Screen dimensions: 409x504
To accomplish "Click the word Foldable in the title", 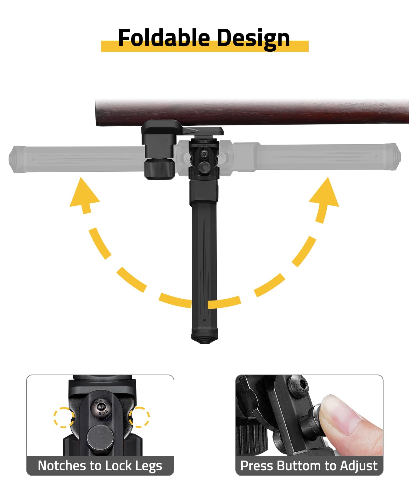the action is point(164,37).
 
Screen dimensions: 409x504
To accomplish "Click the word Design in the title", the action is point(253,39).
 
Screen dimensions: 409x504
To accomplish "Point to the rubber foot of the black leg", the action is point(204,340).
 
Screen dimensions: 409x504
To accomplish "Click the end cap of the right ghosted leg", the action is point(396,157).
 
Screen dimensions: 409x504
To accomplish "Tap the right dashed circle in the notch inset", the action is point(139,417).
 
